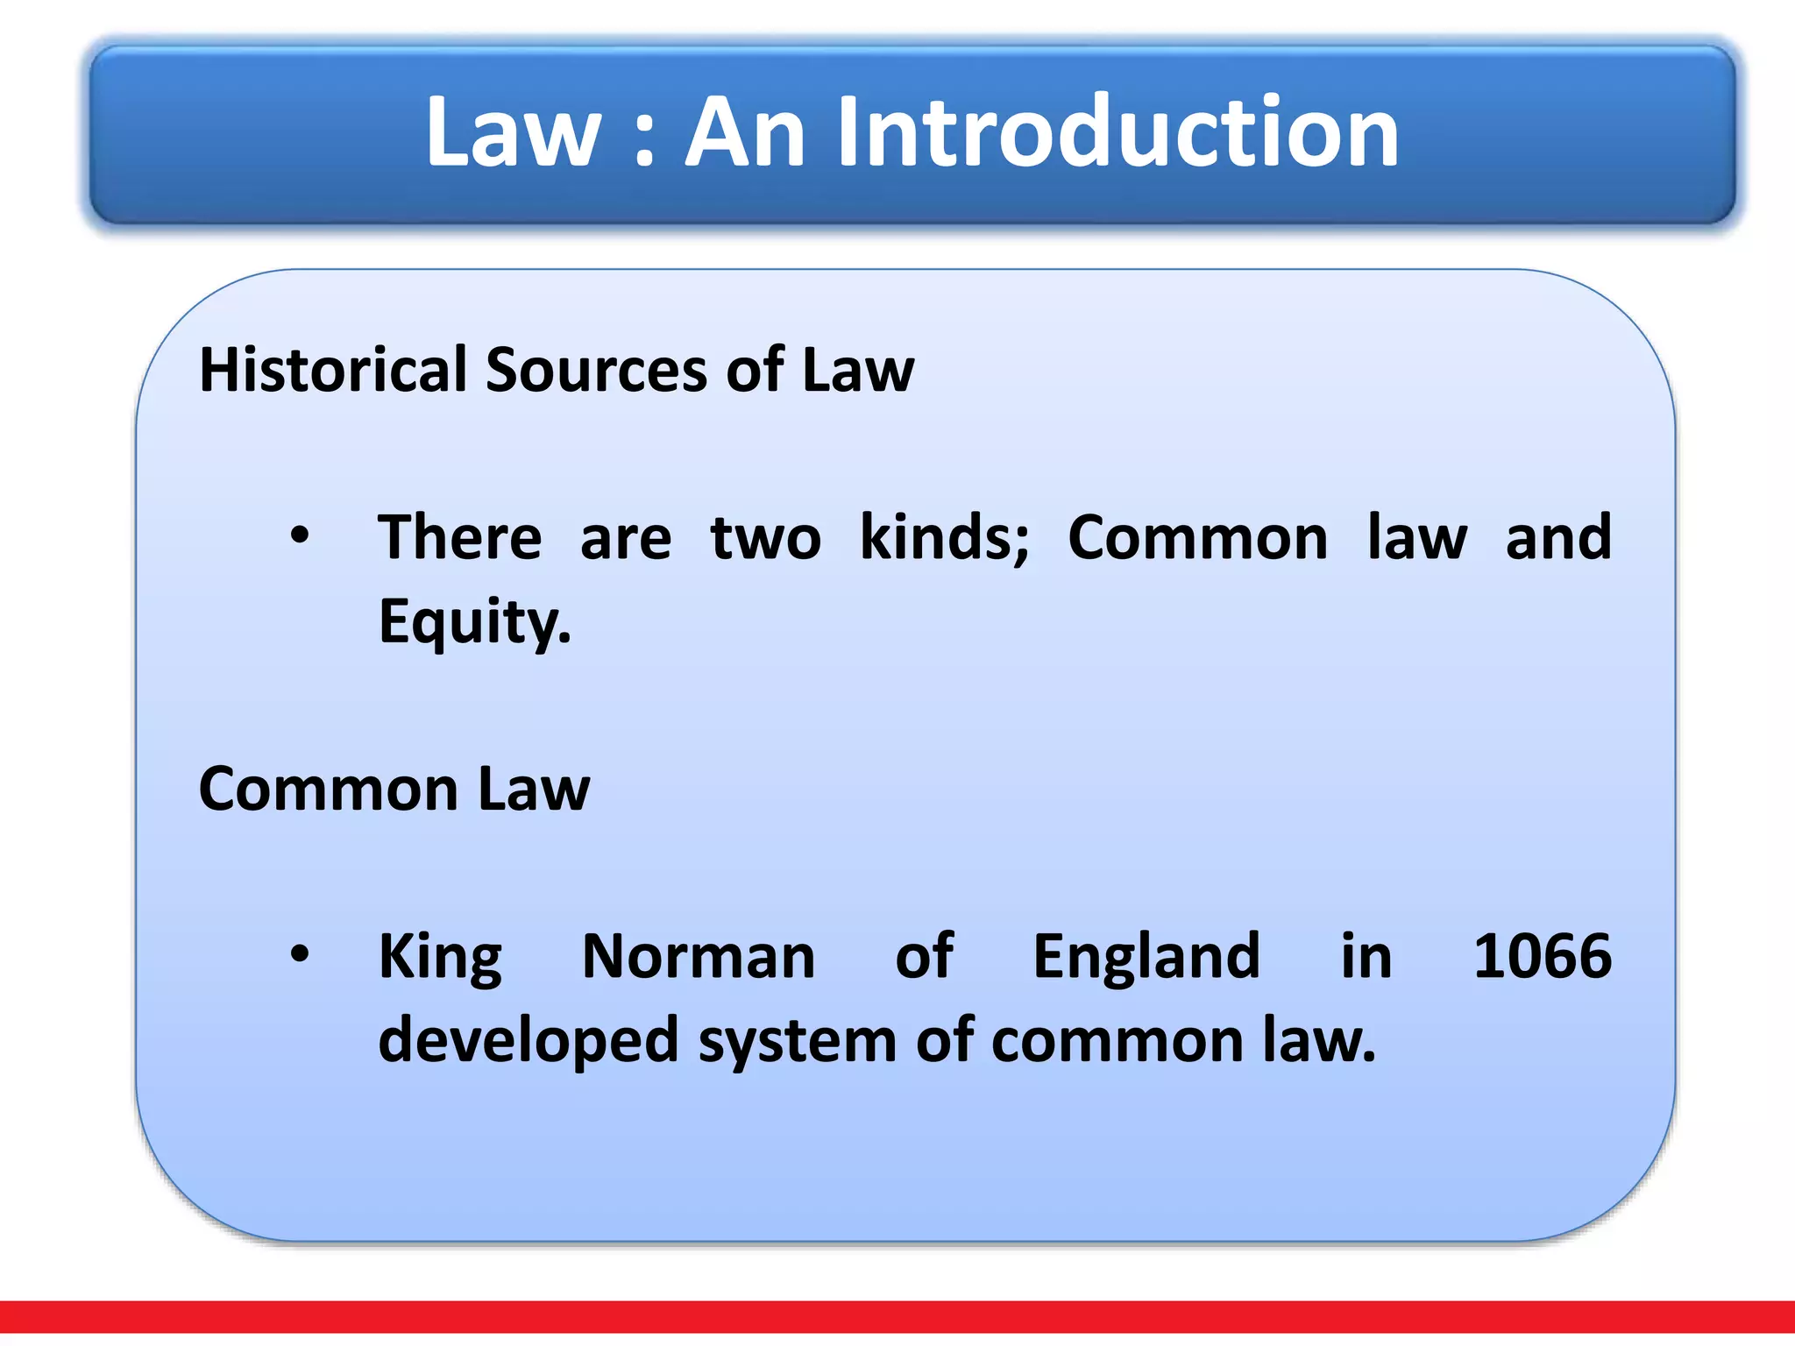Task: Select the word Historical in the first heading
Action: pos(333,369)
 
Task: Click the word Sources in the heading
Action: pos(596,369)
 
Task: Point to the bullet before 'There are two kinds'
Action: pos(300,535)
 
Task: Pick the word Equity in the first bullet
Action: pos(473,621)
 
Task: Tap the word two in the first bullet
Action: pos(765,537)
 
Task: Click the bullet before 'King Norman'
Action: pos(300,953)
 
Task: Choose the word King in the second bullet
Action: pos(440,956)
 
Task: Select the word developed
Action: pos(529,1040)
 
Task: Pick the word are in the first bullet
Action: pos(626,537)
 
